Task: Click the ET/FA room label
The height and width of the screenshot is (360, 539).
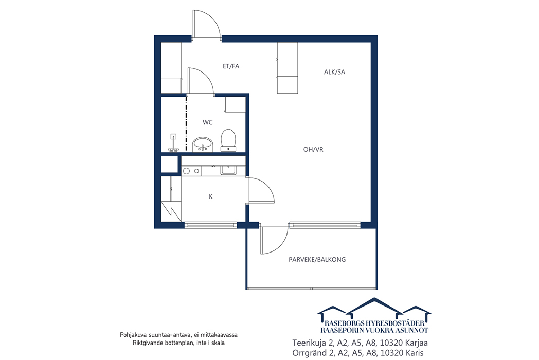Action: pos(230,66)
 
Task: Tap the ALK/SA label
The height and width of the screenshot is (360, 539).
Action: pos(334,72)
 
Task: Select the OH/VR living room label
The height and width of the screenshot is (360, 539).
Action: pos(313,150)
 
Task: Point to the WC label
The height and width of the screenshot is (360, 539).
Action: pos(208,122)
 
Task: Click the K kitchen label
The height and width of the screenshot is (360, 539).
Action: pos(211,196)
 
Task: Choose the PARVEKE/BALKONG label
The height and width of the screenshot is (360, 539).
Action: pos(317,260)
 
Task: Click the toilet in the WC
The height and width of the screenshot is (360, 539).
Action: pos(228,140)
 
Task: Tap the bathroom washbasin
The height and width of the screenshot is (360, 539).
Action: pos(203,145)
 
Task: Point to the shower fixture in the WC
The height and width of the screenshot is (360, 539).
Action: pos(174,142)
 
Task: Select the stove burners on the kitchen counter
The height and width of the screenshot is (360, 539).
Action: pos(191,171)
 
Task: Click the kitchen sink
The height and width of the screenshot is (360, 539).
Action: pos(228,170)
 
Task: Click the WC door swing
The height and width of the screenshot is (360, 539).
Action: pos(201,81)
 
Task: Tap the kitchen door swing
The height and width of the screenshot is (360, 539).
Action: pos(262,190)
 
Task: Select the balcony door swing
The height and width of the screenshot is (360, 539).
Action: pos(274,240)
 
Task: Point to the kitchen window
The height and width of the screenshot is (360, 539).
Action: pos(211,225)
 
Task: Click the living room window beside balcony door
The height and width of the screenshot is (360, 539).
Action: pos(325,225)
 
